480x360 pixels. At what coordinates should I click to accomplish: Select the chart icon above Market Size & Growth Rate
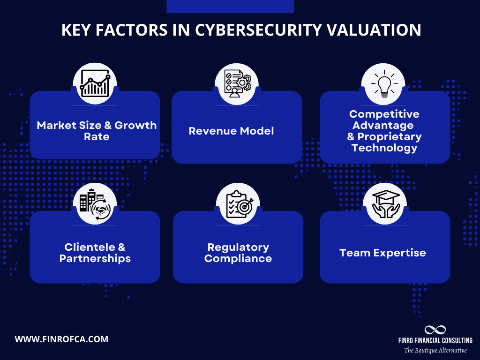click(x=95, y=83)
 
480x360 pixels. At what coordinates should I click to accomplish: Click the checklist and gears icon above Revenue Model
click(x=237, y=83)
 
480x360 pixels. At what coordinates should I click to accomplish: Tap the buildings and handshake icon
click(x=95, y=204)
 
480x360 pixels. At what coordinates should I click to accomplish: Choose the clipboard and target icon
click(x=238, y=204)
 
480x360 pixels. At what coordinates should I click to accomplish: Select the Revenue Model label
click(x=231, y=131)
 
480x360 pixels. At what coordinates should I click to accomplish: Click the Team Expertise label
click(x=382, y=253)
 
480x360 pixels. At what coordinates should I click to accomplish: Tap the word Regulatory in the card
click(x=238, y=247)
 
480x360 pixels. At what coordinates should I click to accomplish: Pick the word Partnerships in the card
click(x=95, y=259)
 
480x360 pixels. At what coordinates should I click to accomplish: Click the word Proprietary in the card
click(x=390, y=137)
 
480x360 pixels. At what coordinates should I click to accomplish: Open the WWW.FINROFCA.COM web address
click(x=61, y=339)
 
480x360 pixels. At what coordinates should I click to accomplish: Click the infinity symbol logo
click(x=435, y=330)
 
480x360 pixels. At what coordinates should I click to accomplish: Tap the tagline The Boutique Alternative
click(x=435, y=350)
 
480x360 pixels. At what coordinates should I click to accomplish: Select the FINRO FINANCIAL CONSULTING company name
click(x=435, y=340)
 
